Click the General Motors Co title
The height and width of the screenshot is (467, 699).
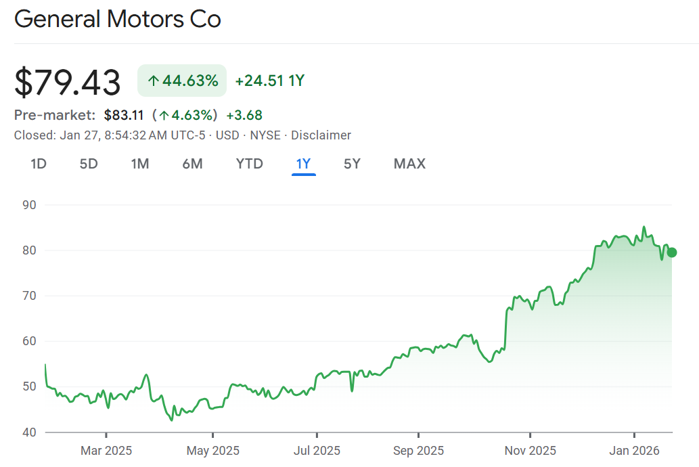[x=118, y=19]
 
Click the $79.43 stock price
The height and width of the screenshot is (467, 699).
[x=68, y=83]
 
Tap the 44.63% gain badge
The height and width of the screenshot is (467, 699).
[x=182, y=81]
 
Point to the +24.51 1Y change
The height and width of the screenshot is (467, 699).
[x=269, y=81]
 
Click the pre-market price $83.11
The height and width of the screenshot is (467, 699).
[x=124, y=115]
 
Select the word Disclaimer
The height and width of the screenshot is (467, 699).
[x=321, y=135]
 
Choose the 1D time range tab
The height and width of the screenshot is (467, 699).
[x=39, y=164]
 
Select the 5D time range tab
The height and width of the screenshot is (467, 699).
[x=89, y=164]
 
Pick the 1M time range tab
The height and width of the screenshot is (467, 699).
[x=140, y=164]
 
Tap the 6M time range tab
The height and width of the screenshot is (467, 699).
[x=192, y=164]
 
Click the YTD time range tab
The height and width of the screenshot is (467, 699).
[x=249, y=164]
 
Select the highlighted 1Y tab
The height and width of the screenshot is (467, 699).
[x=303, y=164]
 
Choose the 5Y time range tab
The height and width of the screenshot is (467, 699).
[x=352, y=164]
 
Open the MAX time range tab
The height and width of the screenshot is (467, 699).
[x=409, y=164]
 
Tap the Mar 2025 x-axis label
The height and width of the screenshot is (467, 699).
[x=106, y=451]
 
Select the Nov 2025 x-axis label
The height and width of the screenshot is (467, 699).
[x=531, y=451]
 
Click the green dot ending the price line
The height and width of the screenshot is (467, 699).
[x=672, y=252]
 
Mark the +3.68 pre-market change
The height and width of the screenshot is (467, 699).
[x=244, y=115]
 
